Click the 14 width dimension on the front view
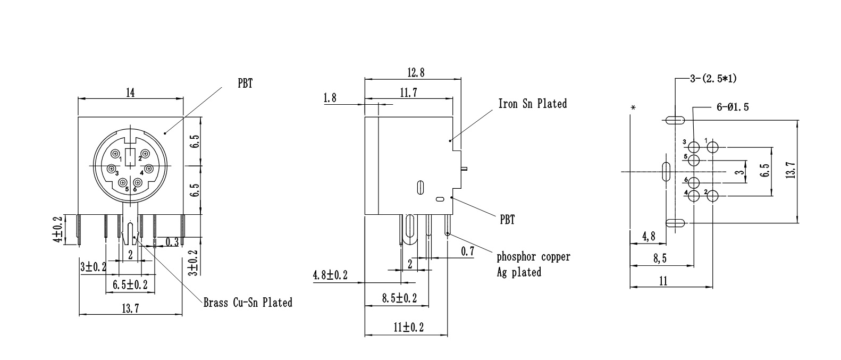pyautogui.click(x=130, y=93)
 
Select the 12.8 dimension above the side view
pyautogui.click(x=416, y=72)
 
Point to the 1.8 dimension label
pyautogui.click(x=330, y=98)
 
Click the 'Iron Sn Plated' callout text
pyautogui.click(x=532, y=103)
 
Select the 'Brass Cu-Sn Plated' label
pyautogui.click(x=248, y=303)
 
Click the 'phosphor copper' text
pyautogui.click(x=533, y=256)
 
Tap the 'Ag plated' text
pyautogui.click(x=519, y=272)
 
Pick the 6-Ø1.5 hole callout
pyautogui.click(x=733, y=107)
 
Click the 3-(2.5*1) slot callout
pyautogui.click(x=713, y=79)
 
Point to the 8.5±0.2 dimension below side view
pyautogui.click(x=399, y=298)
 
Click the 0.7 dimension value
pyautogui.click(x=468, y=251)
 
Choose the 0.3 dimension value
pyautogui.click(x=172, y=242)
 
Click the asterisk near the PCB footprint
pyautogui.click(x=633, y=108)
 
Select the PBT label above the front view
pyautogui.click(x=245, y=83)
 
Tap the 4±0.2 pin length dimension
pyautogui.click(x=59, y=229)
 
